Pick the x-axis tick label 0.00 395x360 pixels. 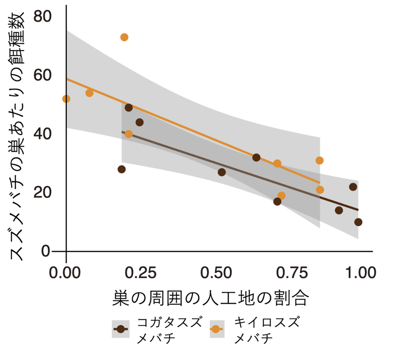pyautogui.click(x=66, y=272)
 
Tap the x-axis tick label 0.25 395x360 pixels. pyautogui.click(x=139, y=272)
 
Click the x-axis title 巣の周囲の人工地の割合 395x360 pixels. pyautogui.click(x=211, y=299)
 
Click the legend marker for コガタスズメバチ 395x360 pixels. pyautogui.click(x=121, y=329)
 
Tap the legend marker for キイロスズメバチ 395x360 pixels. pyautogui.click(x=216, y=329)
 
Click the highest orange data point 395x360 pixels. pyautogui.click(x=124, y=37)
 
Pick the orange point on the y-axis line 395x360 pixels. pyautogui.click(x=66, y=99)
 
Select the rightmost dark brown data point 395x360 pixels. pyautogui.click(x=358, y=222)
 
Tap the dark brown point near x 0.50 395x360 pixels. pyautogui.click(x=222, y=172)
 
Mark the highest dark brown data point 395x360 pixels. pyautogui.click(x=129, y=107)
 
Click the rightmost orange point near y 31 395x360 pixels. pyautogui.click(x=320, y=161)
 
